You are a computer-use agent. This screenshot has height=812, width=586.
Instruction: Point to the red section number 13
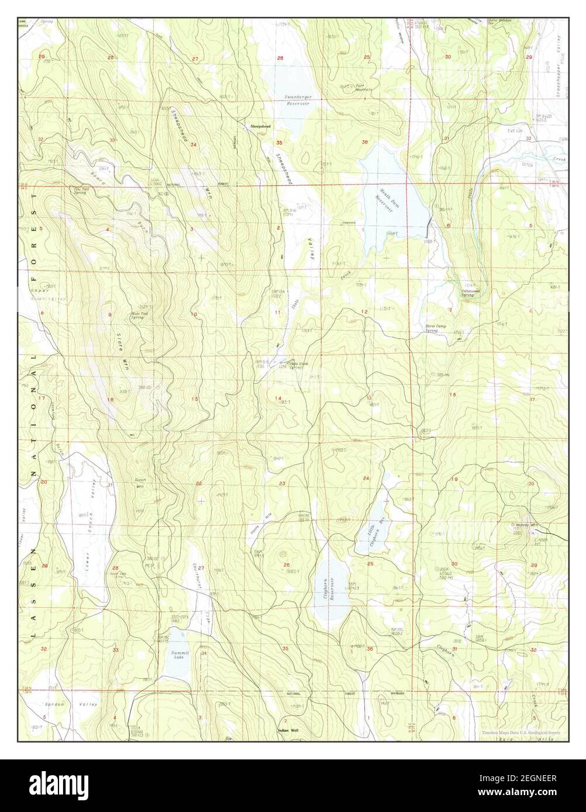[370, 398]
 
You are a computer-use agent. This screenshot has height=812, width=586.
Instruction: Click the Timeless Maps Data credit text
[523, 733]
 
